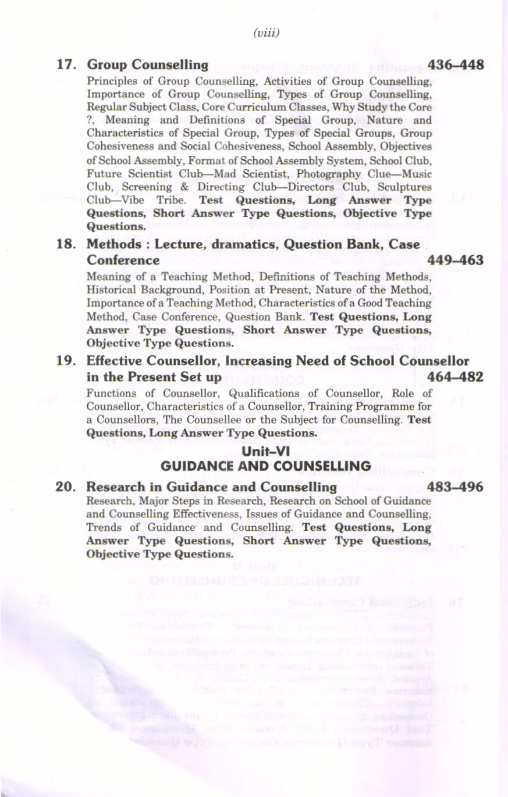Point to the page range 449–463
(456, 260)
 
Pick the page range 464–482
(456, 377)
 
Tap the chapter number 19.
(68, 361)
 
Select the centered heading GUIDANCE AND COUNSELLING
(265, 466)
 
